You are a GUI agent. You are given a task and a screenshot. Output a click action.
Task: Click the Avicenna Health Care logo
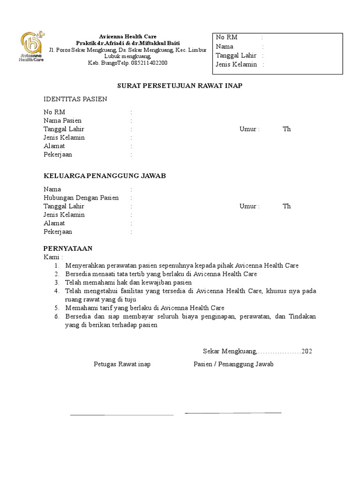point(32,47)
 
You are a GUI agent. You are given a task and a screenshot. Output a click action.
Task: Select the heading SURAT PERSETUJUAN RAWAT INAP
point(180,86)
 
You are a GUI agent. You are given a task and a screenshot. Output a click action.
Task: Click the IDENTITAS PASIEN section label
point(75,99)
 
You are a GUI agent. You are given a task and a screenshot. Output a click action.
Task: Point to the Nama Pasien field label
point(62,120)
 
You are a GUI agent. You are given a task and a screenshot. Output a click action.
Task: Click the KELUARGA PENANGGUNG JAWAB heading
point(105,176)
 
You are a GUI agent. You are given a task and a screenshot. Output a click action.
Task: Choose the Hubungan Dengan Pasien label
point(81,198)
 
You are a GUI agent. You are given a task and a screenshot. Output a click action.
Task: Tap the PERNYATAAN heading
point(68,248)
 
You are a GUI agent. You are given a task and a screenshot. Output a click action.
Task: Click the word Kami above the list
point(51,257)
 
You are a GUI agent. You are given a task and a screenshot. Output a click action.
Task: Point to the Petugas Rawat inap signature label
point(122,364)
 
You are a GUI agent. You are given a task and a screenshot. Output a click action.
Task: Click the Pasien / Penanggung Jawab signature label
point(233,364)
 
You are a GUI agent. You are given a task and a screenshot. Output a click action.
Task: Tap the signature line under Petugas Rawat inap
point(122,415)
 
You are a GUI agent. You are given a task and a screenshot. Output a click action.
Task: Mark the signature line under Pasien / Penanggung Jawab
point(233,413)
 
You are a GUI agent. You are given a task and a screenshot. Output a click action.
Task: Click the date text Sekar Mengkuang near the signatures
point(230,351)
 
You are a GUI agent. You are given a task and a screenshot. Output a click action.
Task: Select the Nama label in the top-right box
point(225,46)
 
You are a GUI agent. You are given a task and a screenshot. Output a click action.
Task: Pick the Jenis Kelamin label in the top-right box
point(236,64)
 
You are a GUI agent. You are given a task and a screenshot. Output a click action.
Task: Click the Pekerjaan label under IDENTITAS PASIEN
point(58,155)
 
